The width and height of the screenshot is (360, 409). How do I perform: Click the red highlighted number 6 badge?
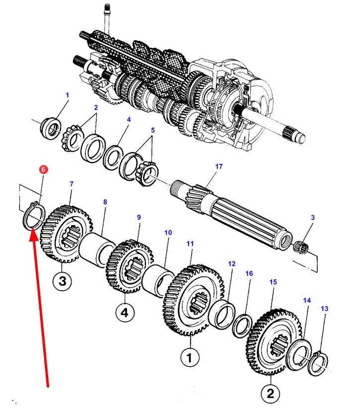(x=43, y=169)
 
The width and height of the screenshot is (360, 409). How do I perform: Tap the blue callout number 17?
(x=219, y=166)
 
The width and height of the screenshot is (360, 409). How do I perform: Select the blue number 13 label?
(x=325, y=309)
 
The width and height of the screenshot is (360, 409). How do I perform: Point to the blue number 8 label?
(x=105, y=202)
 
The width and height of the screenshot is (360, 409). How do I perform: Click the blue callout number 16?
(x=249, y=273)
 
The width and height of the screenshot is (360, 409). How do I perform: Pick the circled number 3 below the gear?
(x=63, y=281)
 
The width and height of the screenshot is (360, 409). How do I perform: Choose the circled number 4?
(x=125, y=312)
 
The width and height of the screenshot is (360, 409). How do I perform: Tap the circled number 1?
(x=190, y=357)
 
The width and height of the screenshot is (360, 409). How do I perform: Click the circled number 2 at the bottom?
(x=271, y=393)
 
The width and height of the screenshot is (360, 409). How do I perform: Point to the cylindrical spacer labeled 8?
(x=96, y=250)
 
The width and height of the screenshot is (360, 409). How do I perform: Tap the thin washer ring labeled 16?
(x=242, y=326)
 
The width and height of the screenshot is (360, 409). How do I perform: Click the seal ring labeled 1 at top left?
(x=51, y=128)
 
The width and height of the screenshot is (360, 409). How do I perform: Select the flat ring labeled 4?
(x=113, y=157)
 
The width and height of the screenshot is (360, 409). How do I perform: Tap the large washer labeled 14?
(x=299, y=354)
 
